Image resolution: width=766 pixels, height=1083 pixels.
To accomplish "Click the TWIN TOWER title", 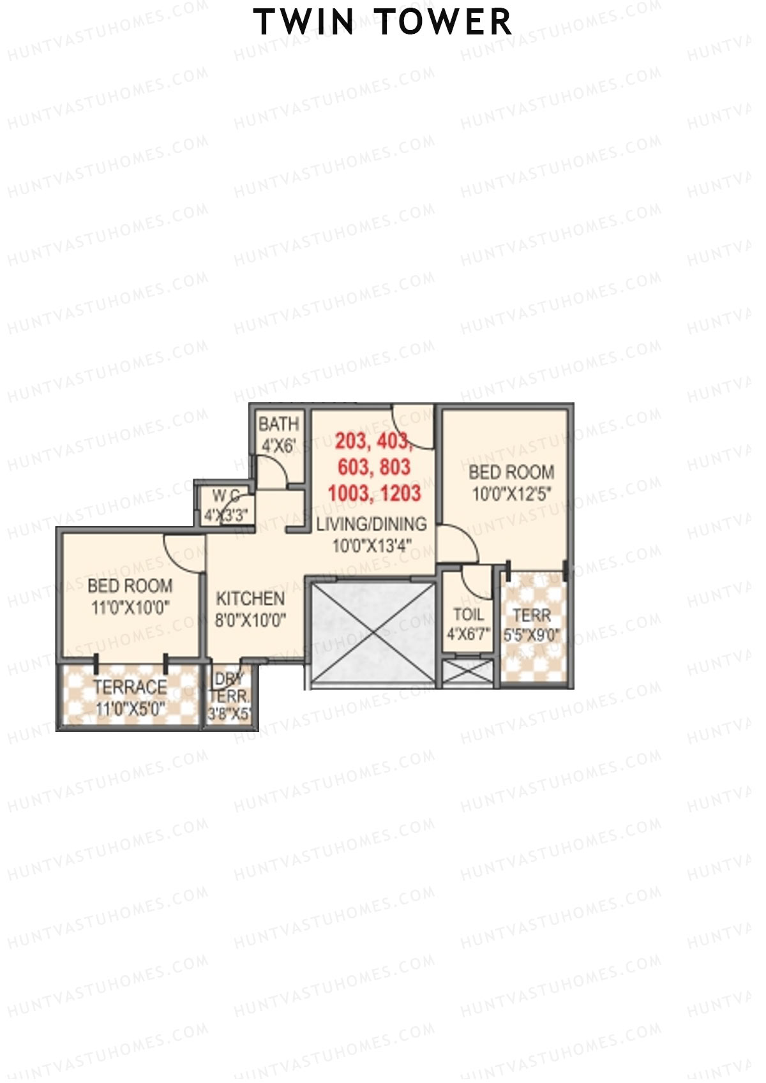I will [x=382, y=22].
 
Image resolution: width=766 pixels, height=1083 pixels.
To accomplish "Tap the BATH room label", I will [x=278, y=424].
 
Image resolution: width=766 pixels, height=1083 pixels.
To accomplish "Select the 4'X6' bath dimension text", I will [x=278, y=445].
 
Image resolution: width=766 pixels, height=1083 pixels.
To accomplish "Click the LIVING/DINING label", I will [x=372, y=524].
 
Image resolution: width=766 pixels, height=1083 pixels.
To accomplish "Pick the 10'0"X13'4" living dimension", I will [x=372, y=546].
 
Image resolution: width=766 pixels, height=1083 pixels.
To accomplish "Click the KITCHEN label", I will [x=250, y=599].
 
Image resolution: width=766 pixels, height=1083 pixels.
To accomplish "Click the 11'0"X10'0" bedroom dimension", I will [x=130, y=608].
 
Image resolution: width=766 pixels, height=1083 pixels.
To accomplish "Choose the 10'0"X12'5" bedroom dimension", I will [x=511, y=494].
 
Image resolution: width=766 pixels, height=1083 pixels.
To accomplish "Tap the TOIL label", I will [x=469, y=615].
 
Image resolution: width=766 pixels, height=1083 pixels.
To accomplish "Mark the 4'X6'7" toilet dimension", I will [x=469, y=636].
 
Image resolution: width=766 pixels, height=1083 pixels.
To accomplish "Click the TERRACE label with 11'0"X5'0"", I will [x=130, y=687].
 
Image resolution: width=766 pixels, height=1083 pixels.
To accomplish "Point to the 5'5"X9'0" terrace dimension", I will [x=532, y=636].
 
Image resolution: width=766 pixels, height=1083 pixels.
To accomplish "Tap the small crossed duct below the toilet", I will [x=468, y=673].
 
